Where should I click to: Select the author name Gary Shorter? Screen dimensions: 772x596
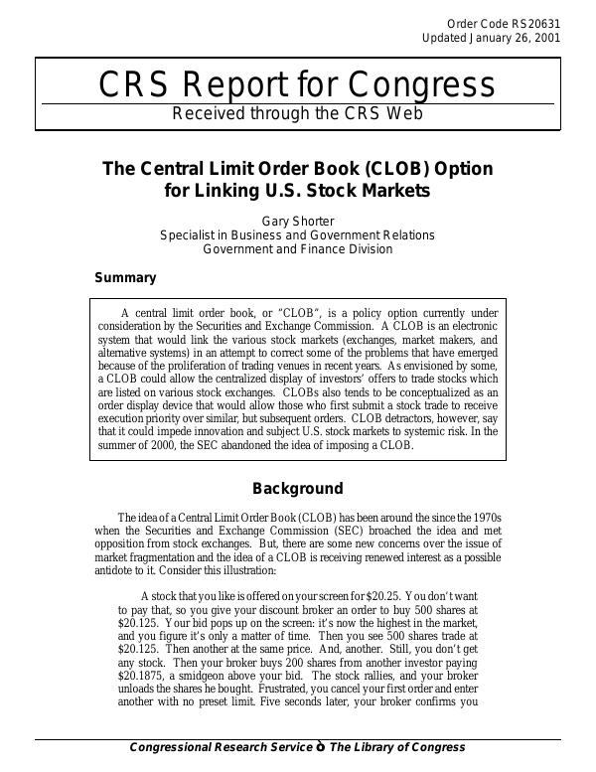pyautogui.click(x=297, y=221)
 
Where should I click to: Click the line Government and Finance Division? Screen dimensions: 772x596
pyautogui.click(x=297, y=249)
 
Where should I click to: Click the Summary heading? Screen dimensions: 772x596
pyautogui.click(x=124, y=278)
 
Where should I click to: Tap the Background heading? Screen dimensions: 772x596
pyautogui.click(x=297, y=489)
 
